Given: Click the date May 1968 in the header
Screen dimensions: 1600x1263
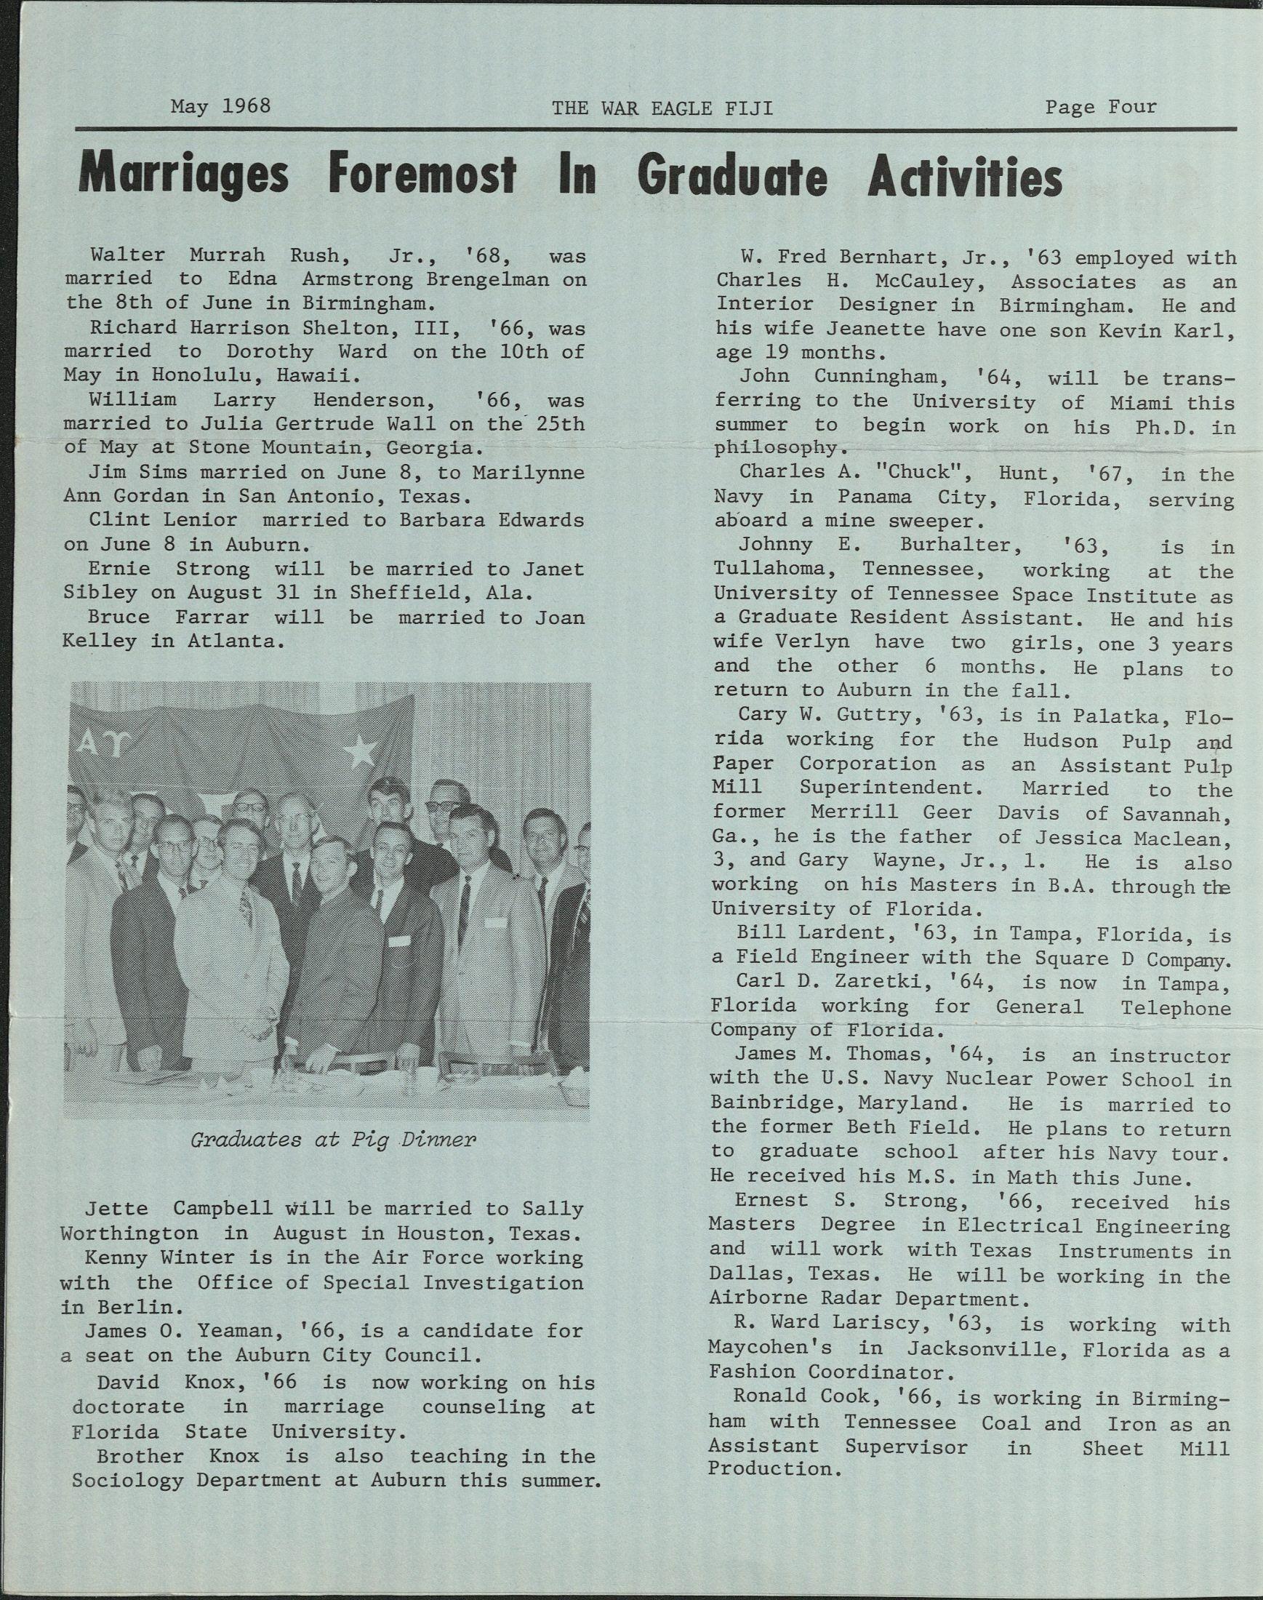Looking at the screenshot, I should (x=220, y=105).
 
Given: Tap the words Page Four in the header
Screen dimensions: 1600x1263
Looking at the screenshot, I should (x=1100, y=107).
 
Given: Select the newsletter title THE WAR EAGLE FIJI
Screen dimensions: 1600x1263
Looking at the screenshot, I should (x=662, y=109).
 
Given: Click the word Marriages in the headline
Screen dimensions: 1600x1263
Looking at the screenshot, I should (x=183, y=176).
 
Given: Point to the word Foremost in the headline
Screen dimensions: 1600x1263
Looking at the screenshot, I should (x=422, y=176).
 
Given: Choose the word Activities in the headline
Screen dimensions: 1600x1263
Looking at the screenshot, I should (x=964, y=177).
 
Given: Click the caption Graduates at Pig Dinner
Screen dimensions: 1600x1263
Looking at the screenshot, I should (x=333, y=1139).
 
